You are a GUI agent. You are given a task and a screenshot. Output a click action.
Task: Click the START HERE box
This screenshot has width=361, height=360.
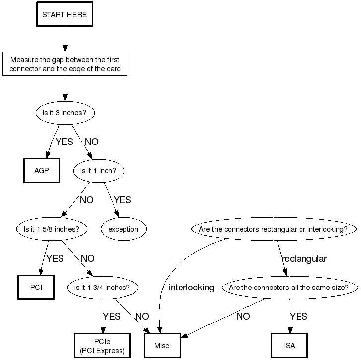pyautogui.click(x=64, y=15)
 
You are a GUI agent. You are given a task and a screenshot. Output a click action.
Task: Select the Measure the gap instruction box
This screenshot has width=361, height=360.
pyautogui.click(x=65, y=64)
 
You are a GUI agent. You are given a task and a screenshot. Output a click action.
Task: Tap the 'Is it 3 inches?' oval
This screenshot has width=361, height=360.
pyautogui.click(x=65, y=112)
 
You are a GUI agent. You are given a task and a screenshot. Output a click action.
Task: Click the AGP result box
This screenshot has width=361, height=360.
pyautogui.click(x=42, y=171)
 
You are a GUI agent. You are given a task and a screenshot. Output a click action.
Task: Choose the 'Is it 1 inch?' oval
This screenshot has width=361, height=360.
pyautogui.click(x=98, y=171)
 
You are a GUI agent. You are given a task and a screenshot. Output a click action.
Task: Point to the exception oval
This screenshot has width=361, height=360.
pyautogui.click(x=123, y=229)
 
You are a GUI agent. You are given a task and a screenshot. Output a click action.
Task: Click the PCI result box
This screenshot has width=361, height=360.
pyautogui.click(x=36, y=288)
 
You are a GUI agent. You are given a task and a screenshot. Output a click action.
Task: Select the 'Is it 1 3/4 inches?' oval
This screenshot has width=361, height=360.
pyautogui.click(x=102, y=288)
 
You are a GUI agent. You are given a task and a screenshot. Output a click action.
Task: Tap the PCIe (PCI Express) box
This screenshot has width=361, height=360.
pyautogui.click(x=102, y=346)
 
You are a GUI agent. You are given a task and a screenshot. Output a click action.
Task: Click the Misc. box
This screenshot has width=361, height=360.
pyautogui.click(x=162, y=346)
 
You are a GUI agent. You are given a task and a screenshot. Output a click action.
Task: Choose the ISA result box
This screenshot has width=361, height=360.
pyautogui.click(x=290, y=346)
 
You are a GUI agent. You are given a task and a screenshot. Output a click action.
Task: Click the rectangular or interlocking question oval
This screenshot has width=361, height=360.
pyautogui.click(x=276, y=229)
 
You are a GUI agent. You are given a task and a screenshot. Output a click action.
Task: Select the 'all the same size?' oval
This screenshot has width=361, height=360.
pyautogui.click(x=289, y=288)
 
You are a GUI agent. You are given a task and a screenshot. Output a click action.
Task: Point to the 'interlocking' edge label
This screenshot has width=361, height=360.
pyautogui.click(x=191, y=288)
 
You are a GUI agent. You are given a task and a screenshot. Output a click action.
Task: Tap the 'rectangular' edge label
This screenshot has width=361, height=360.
pyautogui.click(x=304, y=259)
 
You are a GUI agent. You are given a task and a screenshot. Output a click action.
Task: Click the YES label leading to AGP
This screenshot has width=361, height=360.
pyautogui.click(x=64, y=142)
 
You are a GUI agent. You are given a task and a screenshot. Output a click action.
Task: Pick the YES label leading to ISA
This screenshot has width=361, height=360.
pyautogui.click(x=299, y=317)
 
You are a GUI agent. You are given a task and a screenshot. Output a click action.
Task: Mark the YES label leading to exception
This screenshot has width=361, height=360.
pyautogui.click(x=122, y=200)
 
